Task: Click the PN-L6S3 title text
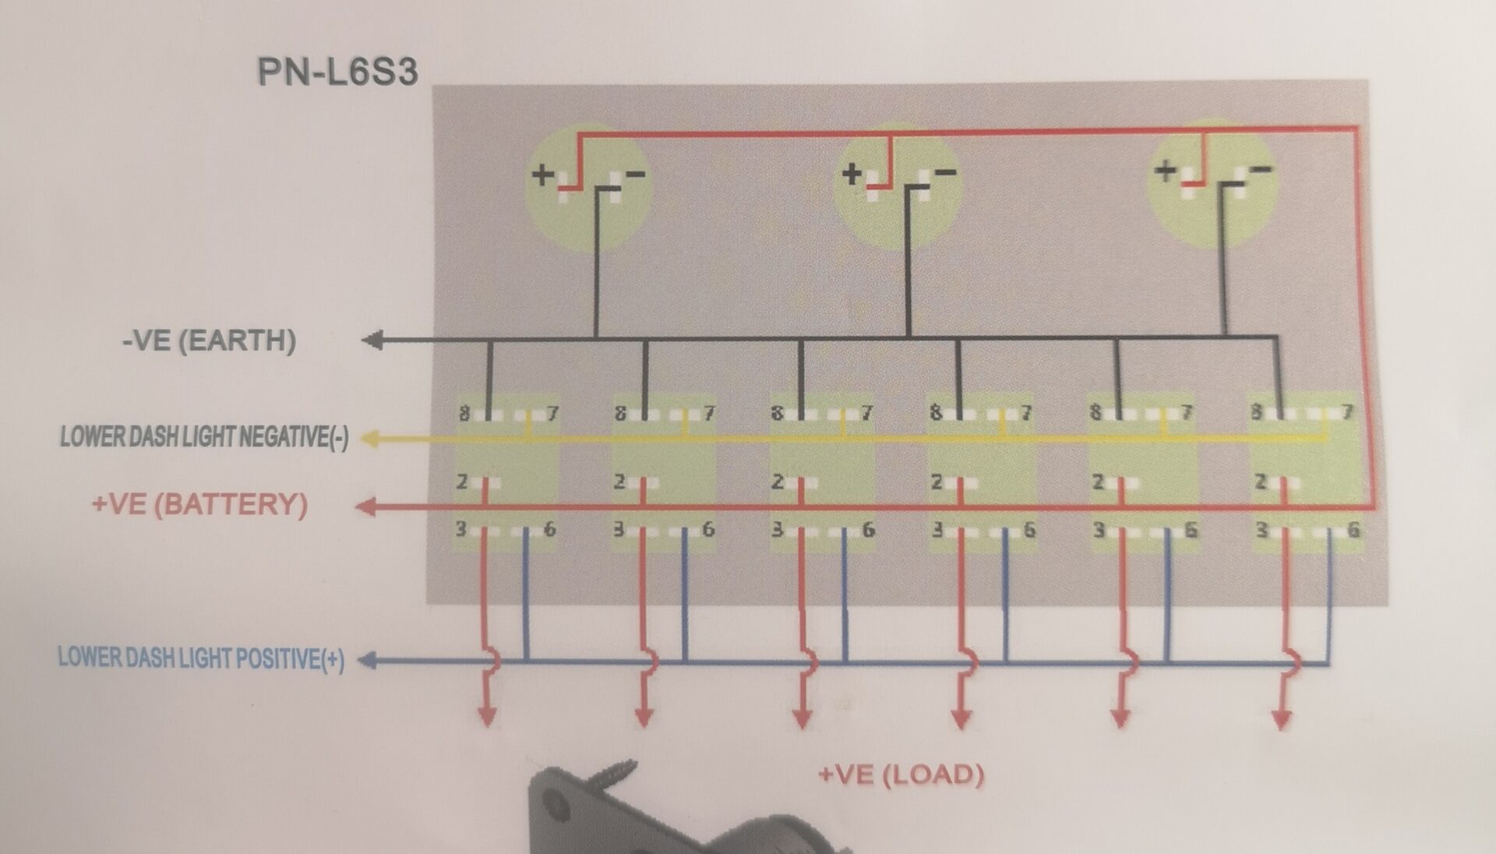pyautogui.click(x=337, y=72)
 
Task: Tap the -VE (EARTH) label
pyautogui.click(x=209, y=341)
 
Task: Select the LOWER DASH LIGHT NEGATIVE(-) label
pyautogui.click(x=204, y=437)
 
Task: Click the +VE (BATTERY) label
pyautogui.click(x=199, y=504)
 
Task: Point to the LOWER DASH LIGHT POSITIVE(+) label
pyautogui.click(x=201, y=658)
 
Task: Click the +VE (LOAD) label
pyautogui.click(x=901, y=775)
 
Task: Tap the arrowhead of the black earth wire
pyautogui.click(x=372, y=340)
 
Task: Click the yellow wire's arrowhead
pyautogui.click(x=371, y=439)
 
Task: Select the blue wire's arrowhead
pyautogui.click(x=369, y=661)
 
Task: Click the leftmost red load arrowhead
pyautogui.click(x=487, y=718)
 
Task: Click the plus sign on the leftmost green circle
pyautogui.click(x=542, y=174)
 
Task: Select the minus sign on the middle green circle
pyautogui.click(x=946, y=171)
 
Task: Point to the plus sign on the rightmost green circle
pyautogui.click(x=1166, y=169)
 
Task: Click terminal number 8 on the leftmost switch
pyautogui.click(x=464, y=413)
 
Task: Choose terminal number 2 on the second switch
pyautogui.click(x=619, y=482)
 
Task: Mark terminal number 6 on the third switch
pyautogui.click(x=868, y=531)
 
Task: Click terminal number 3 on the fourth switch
pyautogui.click(x=937, y=531)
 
